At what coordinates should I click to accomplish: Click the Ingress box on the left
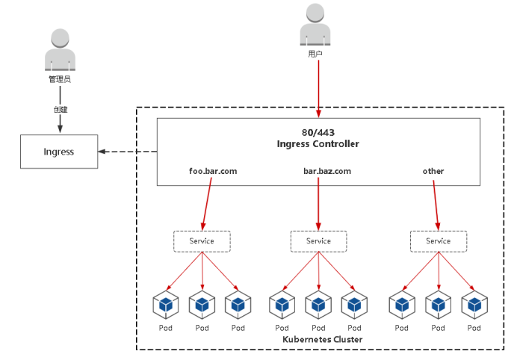[58, 152]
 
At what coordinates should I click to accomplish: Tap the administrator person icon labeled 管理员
[59, 51]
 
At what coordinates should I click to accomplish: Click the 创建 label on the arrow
[60, 109]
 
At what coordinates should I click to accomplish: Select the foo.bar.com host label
[213, 171]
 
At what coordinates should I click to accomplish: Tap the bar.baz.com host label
[326, 171]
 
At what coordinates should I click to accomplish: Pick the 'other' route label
[433, 171]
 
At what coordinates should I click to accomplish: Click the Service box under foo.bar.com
[202, 240]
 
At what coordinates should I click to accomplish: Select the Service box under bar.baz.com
[318, 240]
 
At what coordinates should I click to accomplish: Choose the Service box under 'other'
[439, 240]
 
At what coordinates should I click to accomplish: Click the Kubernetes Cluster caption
[323, 340]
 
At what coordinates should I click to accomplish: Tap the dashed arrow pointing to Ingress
[127, 152]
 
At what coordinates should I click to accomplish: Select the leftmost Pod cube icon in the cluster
[166, 304]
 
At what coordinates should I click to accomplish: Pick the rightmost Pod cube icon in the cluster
[474, 304]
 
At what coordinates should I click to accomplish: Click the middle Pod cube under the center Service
[318, 304]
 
